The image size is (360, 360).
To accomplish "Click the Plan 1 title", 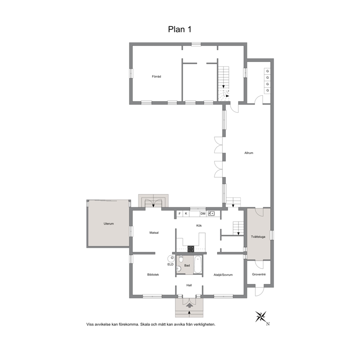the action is [x=180, y=29].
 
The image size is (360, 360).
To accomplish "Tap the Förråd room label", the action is [x=156, y=77].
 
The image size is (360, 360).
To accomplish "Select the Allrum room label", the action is [x=249, y=153].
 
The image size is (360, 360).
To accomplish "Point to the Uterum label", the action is [x=109, y=224].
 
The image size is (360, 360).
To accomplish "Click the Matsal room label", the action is [x=154, y=233].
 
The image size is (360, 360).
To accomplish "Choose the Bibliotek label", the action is [x=153, y=275].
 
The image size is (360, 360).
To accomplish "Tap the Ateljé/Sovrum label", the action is [x=223, y=275].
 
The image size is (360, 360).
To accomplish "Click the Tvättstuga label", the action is [x=258, y=237].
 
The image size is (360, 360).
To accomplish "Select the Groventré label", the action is [x=259, y=274].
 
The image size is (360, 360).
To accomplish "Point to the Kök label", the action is [x=199, y=226].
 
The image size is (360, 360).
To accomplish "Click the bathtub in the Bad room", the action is [x=198, y=265].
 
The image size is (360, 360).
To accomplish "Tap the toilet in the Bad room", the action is [x=181, y=259].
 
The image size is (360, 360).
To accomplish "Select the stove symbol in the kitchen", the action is [x=191, y=249].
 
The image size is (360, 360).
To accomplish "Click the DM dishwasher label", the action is [x=203, y=213].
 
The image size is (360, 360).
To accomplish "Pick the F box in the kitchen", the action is [x=180, y=213].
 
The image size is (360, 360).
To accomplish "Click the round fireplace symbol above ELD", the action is [x=171, y=258].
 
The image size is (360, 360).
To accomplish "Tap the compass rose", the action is [x=261, y=317].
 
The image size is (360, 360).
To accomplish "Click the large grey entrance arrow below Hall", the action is [x=189, y=305].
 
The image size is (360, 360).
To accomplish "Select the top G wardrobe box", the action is [x=267, y=71].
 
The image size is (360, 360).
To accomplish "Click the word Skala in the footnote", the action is [x=145, y=324].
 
